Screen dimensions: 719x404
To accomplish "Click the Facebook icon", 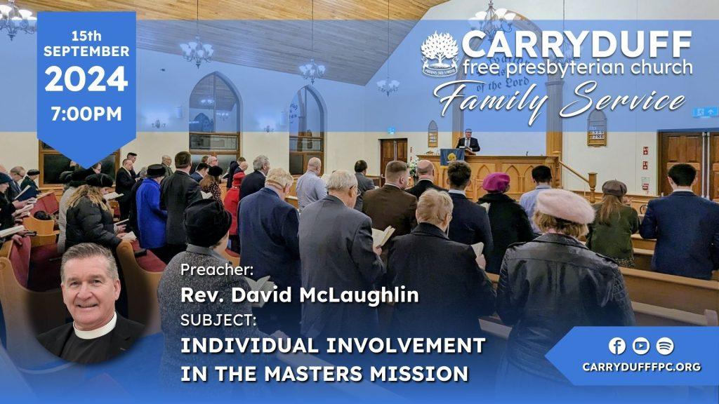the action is tap(617, 346).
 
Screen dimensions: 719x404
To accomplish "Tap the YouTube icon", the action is tap(641, 346).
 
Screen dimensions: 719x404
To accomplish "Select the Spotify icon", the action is tap(665, 346).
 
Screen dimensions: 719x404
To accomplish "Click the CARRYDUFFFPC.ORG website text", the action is tap(642, 367).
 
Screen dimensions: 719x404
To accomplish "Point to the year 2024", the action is tap(86, 79).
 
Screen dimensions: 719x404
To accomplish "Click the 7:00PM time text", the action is tap(86, 114).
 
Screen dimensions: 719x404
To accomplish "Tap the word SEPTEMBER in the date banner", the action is tap(86, 50).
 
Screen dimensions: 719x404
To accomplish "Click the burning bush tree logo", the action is tap(440, 53).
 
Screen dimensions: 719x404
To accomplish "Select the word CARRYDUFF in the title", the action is tap(577, 45).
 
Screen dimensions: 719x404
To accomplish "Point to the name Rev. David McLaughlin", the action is tap(299, 295).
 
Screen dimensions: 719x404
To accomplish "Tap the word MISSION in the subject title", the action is tap(419, 373).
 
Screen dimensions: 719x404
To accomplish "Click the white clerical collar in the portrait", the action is tap(95, 330).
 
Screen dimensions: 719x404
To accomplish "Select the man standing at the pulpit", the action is tap(468, 141).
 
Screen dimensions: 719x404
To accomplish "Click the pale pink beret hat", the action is tap(565, 206).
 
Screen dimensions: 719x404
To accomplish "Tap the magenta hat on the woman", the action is tap(496, 182).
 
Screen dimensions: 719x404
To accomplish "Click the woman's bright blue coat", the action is tap(150, 213).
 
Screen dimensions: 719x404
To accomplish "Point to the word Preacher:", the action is tap(217, 270).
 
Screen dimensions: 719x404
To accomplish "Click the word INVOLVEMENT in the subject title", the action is tap(402, 345).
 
